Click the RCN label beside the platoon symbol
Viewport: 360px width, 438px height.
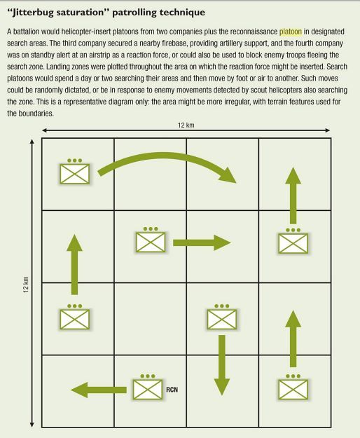(172, 390)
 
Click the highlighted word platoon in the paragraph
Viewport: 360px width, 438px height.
(291, 32)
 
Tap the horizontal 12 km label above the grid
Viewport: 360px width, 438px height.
(186, 125)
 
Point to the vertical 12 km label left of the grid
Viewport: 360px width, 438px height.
(26, 285)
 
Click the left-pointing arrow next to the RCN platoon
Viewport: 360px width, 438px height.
(99, 390)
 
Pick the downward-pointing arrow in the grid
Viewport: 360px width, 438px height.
(222, 365)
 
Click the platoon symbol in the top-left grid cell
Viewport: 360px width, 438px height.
(75, 171)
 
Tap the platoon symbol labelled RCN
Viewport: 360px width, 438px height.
(148, 387)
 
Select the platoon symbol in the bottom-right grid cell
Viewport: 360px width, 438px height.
(293, 387)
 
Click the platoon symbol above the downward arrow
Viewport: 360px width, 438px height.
(222, 317)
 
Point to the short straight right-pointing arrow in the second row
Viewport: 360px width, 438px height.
(202, 242)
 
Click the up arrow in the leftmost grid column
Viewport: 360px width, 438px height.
(74, 264)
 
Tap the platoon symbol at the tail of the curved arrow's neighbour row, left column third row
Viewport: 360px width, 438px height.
(75, 317)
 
